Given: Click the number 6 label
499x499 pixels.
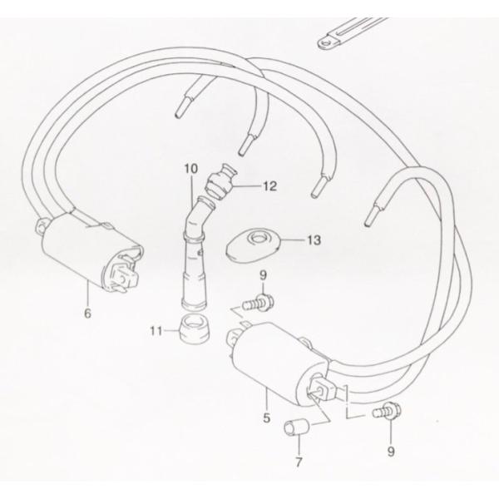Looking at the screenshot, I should [x=87, y=314].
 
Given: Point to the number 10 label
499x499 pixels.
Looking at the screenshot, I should [x=192, y=170].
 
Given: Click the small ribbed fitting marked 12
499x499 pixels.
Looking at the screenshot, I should [x=223, y=183].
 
